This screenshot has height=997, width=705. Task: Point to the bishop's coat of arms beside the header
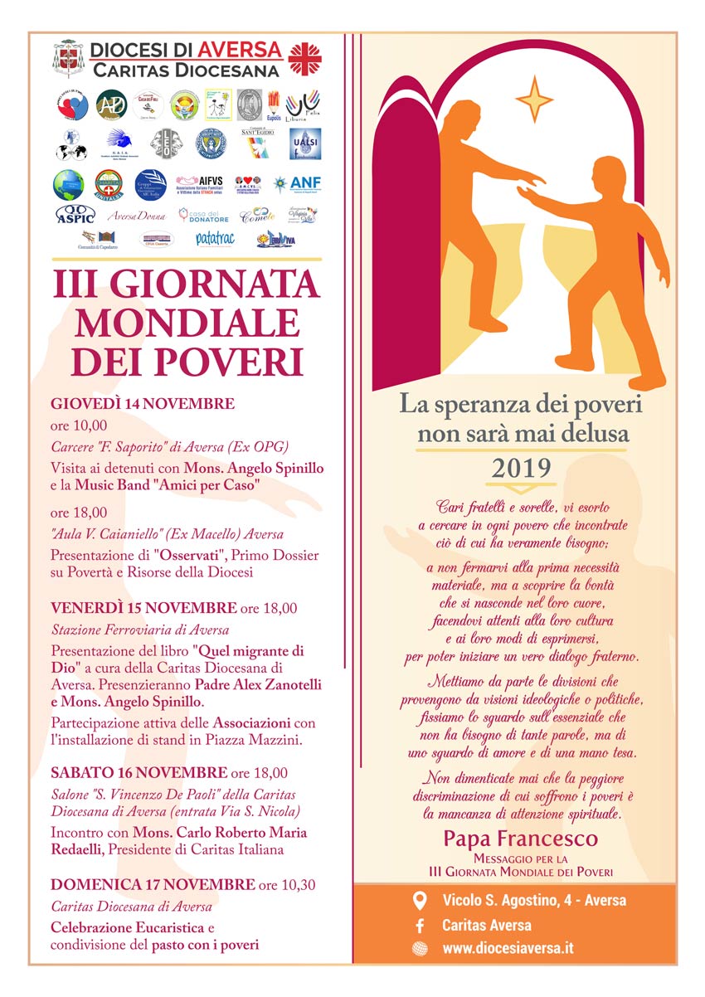tap(69, 59)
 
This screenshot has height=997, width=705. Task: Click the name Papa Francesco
tap(520, 838)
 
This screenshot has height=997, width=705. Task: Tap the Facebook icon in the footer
tap(421, 925)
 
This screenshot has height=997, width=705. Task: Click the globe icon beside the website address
tap(421, 948)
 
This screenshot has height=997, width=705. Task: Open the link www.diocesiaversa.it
tap(508, 948)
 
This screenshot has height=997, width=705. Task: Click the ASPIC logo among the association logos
tap(75, 214)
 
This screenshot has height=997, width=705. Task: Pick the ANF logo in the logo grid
tap(304, 184)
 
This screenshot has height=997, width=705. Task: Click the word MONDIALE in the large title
tap(186, 323)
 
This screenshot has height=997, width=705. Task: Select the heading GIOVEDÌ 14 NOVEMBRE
tap(143, 404)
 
